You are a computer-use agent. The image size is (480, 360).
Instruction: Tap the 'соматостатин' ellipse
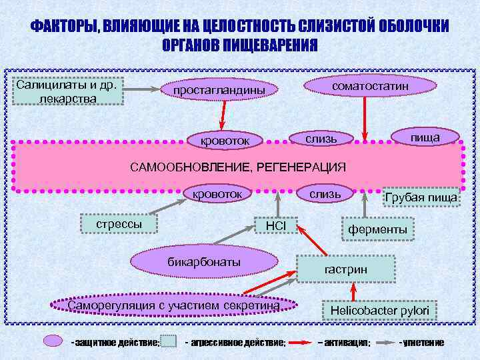(370, 87)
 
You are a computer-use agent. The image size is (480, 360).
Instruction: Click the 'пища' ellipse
(425, 137)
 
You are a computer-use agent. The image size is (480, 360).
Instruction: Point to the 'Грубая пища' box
(421, 197)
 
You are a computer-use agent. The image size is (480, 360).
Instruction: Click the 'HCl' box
(275, 227)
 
